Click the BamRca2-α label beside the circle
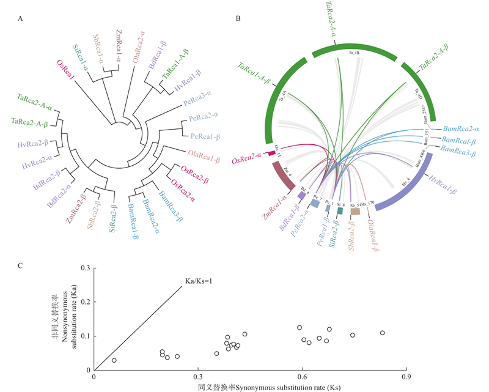(461, 130)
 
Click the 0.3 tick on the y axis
(85, 268)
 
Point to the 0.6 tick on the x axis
(301, 377)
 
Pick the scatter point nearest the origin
(114, 360)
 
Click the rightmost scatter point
(382, 333)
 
